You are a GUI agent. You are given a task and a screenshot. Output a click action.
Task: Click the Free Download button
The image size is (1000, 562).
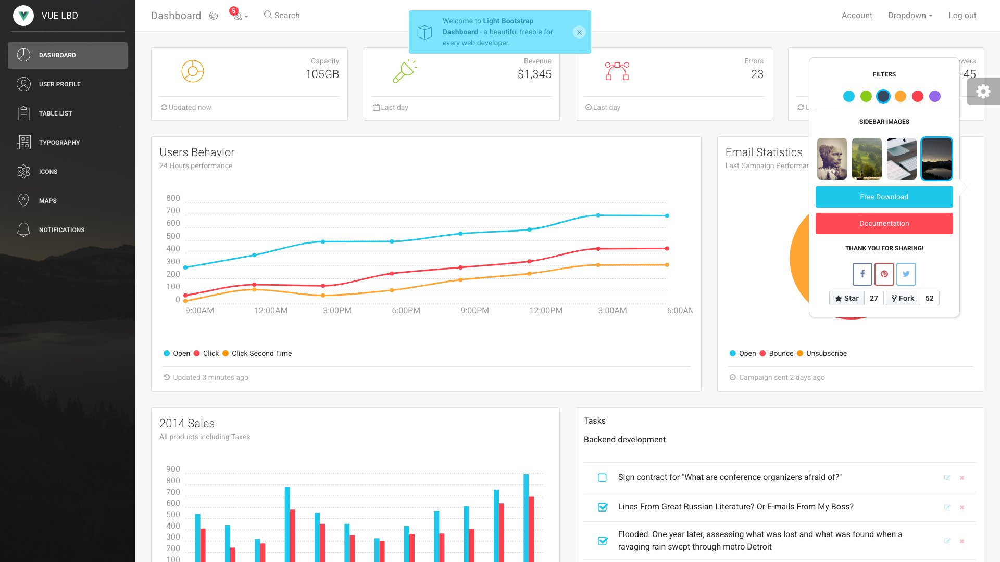(x=884, y=197)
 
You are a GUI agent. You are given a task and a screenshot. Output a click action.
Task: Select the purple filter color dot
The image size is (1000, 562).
(x=935, y=96)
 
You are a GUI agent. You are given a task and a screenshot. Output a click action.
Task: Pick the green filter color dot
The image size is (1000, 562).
(x=866, y=96)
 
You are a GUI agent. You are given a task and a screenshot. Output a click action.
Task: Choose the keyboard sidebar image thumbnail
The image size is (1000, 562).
(x=902, y=159)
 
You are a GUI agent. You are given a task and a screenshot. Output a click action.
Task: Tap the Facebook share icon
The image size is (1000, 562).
(x=862, y=274)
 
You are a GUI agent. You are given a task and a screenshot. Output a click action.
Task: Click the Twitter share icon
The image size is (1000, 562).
(x=906, y=274)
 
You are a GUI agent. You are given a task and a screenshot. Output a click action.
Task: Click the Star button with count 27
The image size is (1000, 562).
(x=847, y=298)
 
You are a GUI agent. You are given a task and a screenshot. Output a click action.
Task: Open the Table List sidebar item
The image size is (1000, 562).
(x=55, y=113)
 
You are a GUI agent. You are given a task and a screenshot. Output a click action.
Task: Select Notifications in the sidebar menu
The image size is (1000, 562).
(x=61, y=230)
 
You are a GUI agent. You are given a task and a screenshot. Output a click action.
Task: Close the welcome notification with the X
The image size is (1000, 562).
(x=579, y=32)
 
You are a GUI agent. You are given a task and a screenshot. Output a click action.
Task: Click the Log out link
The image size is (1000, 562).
(x=962, y=16)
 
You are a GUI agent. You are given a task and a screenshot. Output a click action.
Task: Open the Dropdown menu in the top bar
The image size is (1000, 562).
(x=910, y=16)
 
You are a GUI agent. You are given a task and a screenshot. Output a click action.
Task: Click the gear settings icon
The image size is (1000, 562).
(x=983, y=92)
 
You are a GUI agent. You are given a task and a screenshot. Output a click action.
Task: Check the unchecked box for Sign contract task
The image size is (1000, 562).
(x=602, y=478)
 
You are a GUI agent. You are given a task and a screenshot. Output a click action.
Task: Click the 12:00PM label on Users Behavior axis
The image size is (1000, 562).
(x=546, y=311)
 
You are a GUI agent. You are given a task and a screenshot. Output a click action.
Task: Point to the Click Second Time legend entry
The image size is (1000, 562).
(x=261, y=353)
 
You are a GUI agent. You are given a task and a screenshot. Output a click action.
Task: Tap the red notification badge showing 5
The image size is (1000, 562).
(x=234, y=11)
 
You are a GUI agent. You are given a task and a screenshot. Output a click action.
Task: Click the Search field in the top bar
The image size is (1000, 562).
(x=286, y=16)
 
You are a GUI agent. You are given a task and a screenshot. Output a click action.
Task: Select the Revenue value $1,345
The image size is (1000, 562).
(x=534, y=74)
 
